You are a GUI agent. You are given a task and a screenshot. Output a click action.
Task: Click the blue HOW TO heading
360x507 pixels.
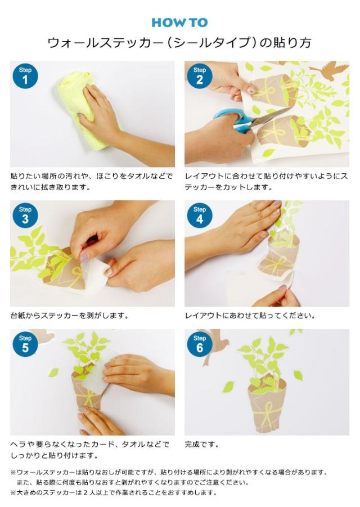coord(179,23)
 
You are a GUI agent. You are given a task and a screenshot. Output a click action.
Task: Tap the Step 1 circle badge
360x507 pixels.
coord(25,76)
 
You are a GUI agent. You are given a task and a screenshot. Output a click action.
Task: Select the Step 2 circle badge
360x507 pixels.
coord(200,76)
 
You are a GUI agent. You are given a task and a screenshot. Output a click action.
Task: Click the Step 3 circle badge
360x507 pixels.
coord(25,216)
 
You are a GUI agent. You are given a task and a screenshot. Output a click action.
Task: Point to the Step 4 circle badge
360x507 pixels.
coord(200,216)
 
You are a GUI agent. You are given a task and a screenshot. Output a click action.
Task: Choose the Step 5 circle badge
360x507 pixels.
coord(25,344)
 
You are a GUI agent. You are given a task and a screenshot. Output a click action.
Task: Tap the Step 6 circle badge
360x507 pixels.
coord(200,344)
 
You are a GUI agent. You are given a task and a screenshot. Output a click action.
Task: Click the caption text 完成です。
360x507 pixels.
coord(202,445)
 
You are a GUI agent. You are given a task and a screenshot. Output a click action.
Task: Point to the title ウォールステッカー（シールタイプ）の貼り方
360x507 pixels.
coord(179,43)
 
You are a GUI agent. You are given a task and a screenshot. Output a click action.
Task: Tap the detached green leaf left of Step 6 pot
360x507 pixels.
coord(228,387)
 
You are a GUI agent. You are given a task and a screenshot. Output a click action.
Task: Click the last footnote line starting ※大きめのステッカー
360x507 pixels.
coord(113,492)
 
